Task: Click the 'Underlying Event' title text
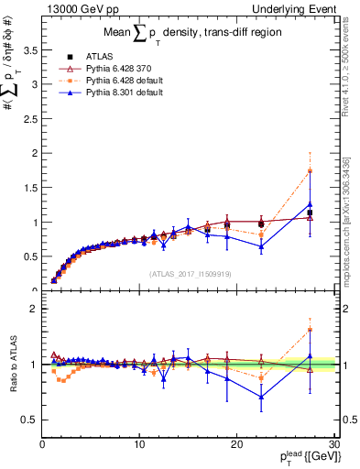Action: [x=301, y=8]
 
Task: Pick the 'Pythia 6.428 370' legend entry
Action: [x=118, y=69]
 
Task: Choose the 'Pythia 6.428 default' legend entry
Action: [x=124, y=82]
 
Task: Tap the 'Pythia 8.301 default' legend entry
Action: [x=124, y=94]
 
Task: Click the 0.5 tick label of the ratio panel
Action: [x=31, y=420]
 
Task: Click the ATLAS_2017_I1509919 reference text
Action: [x=190, y=273]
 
